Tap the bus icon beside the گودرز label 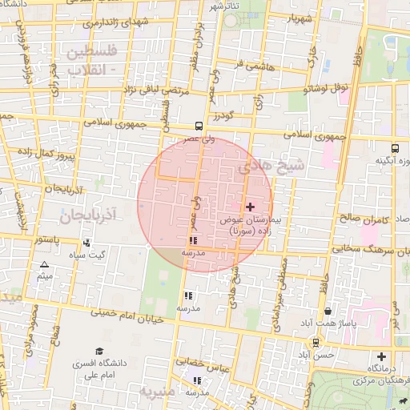pyautogui.click(x=199, y=126)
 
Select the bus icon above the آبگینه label pyautogui.click(x=395, y=148)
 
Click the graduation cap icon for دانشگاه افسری pyautogui.click(x=99, y=352)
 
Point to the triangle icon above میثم pyautogui.click(x=44, y=264)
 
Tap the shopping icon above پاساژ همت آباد pyautogui.click(x=328, y=312)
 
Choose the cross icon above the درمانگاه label pyautogui.click(x=381, y=356)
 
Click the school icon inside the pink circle pyautogui.click(x=192, y=240)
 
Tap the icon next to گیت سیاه pyautogui.click(x=86, y=243)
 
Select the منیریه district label pyautogui.click(x=157, y=392)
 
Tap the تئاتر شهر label pyautogui.click(x=226, y=6)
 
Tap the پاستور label pyautogui.click(x=49, y=239)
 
